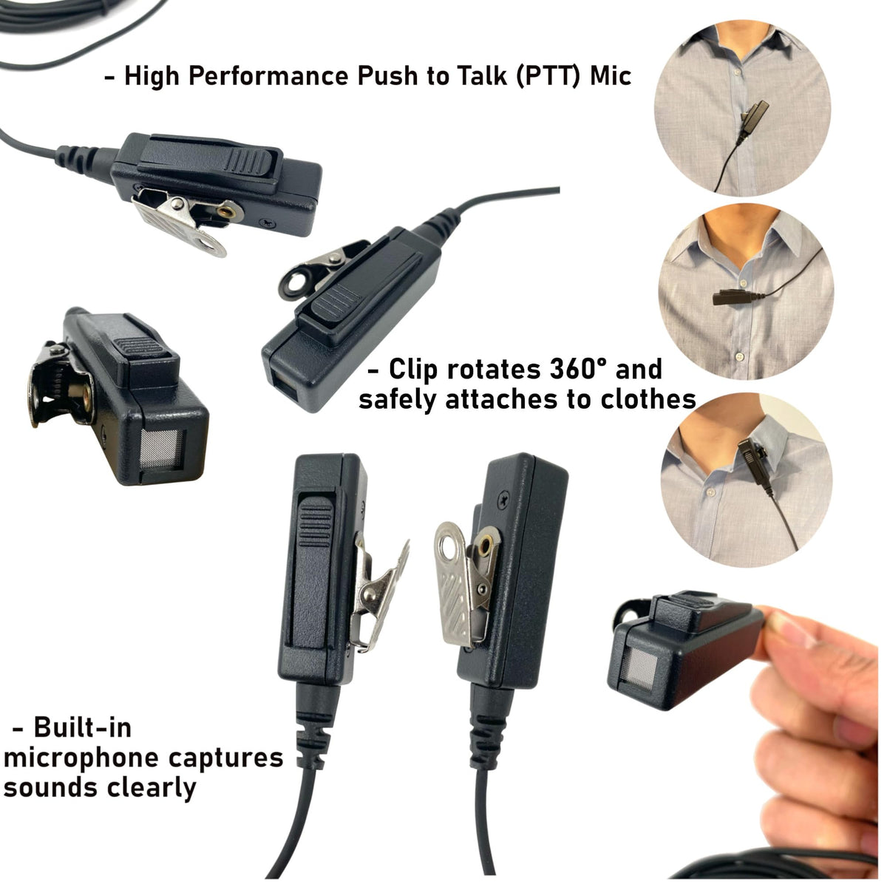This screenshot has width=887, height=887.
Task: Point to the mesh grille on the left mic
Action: coord(162,449)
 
